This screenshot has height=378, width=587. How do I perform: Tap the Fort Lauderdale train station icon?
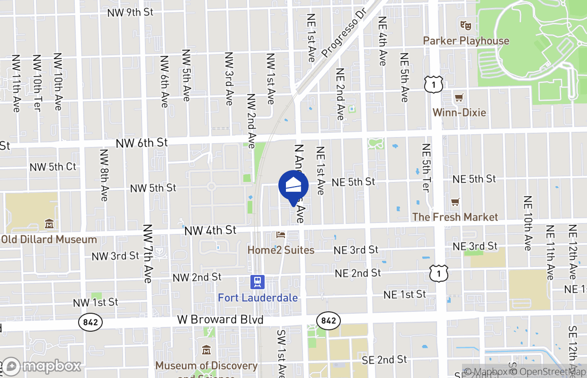[x=258, y=283]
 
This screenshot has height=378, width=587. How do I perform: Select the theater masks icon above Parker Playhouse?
[x=465, y=25]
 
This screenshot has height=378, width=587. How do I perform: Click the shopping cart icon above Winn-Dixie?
[x=459, y=98]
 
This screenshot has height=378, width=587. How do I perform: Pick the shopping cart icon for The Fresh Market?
[x=455, y=202]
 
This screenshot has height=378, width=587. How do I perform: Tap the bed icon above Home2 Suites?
[x=281, y=235]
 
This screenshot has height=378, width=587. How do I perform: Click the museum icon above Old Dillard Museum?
[x=49, y=223]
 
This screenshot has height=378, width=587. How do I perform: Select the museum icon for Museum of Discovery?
[x=206, y=350]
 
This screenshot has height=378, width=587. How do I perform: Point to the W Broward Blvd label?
[x=220, y=320]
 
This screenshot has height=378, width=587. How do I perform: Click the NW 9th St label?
[x=130, y=12]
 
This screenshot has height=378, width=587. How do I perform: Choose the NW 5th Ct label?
[x=53, y=167]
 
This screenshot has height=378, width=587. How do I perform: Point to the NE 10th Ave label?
[x=528, y=223]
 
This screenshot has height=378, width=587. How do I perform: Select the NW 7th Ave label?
[x=148, y=254]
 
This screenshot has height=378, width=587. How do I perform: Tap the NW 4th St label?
[x=210, y=231]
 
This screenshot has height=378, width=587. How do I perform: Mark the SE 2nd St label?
[x=384, y=360]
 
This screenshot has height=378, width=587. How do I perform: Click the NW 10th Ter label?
[x=37, y=83]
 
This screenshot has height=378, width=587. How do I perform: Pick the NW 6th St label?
[x=142, y=142]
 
